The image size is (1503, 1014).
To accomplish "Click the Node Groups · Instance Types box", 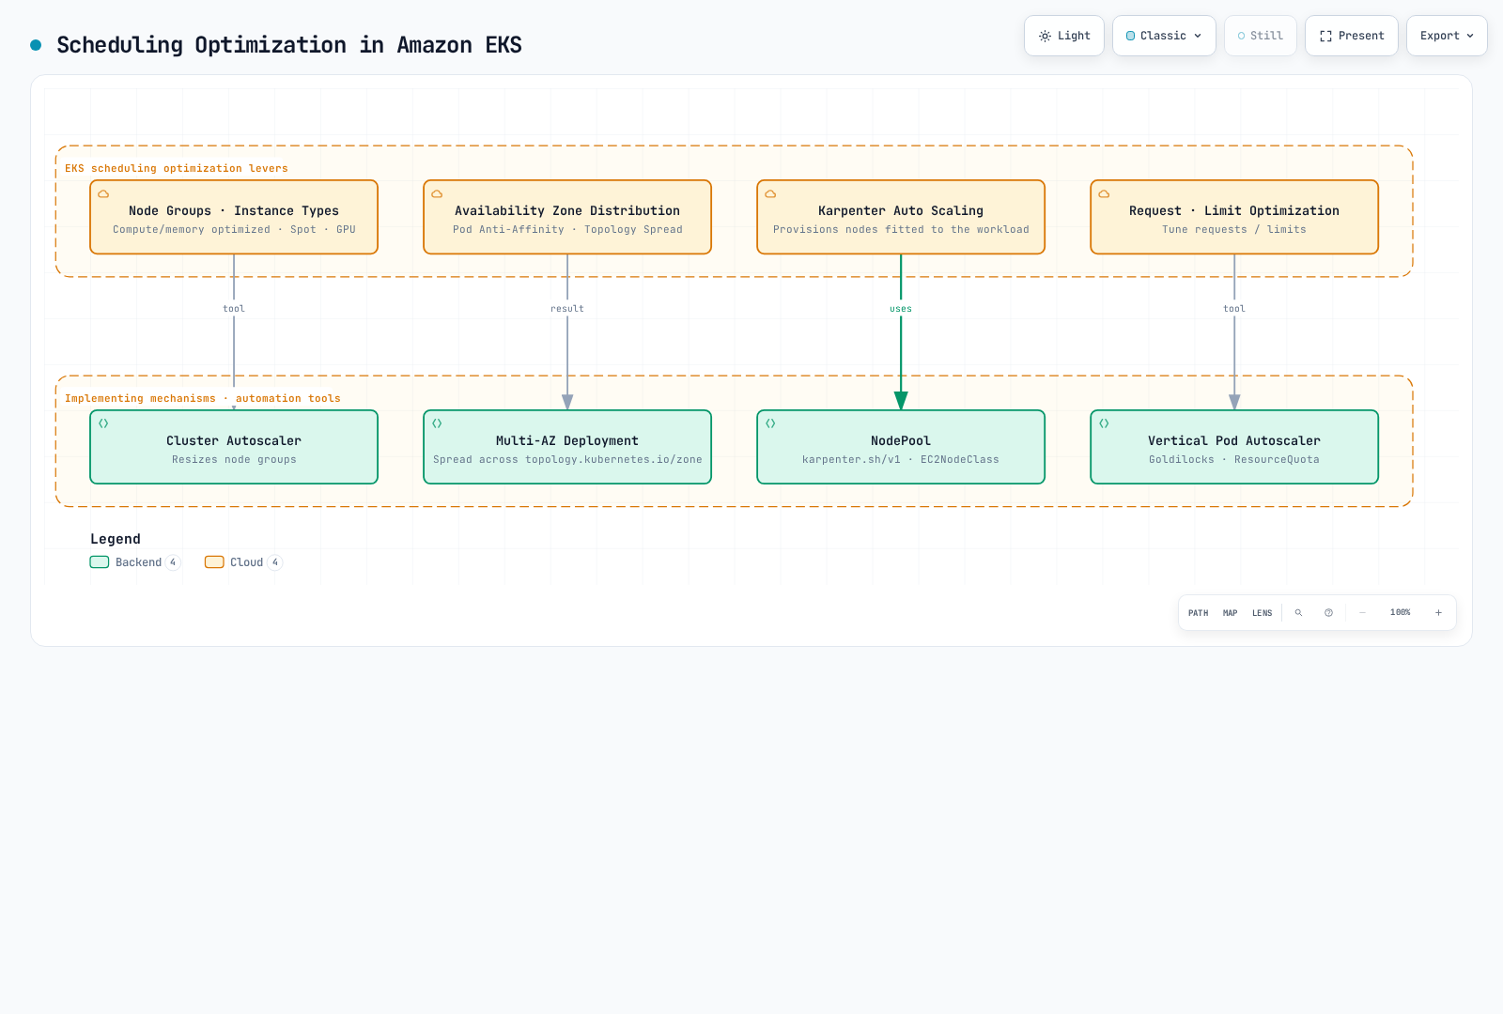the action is click(234, 217).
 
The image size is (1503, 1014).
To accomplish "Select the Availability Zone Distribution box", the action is click(567, 217).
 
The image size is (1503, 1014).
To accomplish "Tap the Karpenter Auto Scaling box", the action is click(901, 217).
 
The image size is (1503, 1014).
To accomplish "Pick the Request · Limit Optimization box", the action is click(1234, 217).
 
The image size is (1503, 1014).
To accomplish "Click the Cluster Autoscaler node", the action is click(234, 447).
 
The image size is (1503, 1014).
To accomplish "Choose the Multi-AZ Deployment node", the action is click(567, 447).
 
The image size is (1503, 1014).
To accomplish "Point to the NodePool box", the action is click(901, 447).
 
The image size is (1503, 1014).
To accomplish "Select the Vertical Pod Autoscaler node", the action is click(1234, 447).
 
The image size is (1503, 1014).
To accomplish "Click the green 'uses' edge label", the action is click(901, 309).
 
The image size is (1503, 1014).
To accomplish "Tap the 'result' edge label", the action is click(567, 309).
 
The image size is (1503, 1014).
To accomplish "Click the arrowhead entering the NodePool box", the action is click(901, 401).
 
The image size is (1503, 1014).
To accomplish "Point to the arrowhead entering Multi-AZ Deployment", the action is click(567, 402).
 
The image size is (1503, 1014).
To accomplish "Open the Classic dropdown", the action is click(1164, 36).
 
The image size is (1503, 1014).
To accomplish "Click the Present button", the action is click(1352, 36).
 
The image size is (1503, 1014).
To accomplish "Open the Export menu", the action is click(1447, 36).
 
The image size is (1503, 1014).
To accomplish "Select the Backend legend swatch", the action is click(100, 562).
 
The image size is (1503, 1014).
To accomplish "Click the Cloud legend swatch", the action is click(214, 562).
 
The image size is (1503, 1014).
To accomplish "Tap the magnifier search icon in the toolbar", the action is click(1298, 612).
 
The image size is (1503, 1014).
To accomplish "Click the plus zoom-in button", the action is click(1438, 612).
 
